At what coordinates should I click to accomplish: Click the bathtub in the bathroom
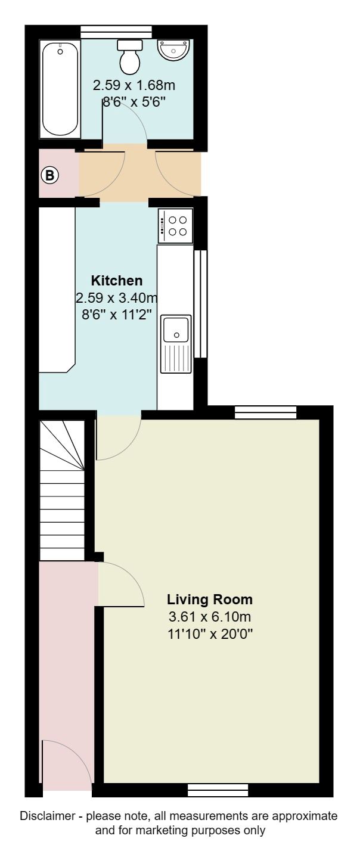(60, 88)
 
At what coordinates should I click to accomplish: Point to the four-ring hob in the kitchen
(176, 226)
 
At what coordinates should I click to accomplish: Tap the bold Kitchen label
(117, 281)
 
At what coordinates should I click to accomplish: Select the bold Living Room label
(210, 600)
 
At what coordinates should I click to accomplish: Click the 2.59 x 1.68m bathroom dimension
(134, 86)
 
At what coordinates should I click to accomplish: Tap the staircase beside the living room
(63, 489)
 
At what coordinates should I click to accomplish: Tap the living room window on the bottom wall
(218, 790)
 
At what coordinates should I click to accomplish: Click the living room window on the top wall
(265, 412)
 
